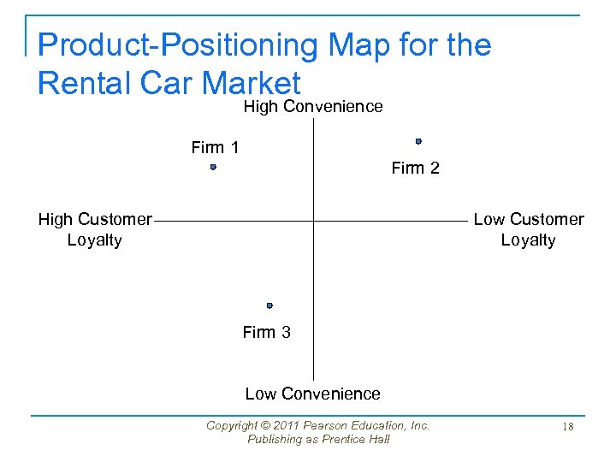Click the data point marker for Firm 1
(213, 168)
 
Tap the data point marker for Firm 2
(418, 141)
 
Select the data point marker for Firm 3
(269, 305)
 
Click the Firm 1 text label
(215, 147)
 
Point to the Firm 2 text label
(415, 168)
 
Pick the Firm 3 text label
(266, 332)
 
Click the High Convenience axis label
(313, 106)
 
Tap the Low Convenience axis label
(312, 394)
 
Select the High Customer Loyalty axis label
(94, 229)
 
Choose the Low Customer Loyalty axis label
(529, 229)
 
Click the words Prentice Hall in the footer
(359, 439)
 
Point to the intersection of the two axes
(313, 221)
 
